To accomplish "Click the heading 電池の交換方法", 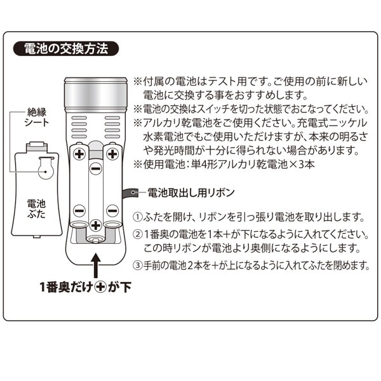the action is click(x=66, y=49).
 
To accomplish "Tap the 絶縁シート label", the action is click(x=37, y=117).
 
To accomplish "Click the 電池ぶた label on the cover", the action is click(x=36, y=209).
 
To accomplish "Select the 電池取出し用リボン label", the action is click(x=191, y=192).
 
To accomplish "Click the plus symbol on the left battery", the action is click(x=79, y=154).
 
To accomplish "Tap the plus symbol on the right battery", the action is click(x=112, y=154).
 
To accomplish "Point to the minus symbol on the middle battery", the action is click(x=96, y=169).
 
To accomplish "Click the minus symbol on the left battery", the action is click(x=79, y=211).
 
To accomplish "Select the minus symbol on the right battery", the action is click(x=112, y=211).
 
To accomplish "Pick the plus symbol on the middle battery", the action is click(x=95, y=225).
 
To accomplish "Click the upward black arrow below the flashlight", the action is click(x=97, y=265).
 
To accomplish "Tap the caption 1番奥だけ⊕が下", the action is click(x=86, y=287).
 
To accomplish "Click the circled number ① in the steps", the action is click(x=138, y=217).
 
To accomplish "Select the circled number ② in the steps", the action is click(x=138, y=234).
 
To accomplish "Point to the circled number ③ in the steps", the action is click(x=138, y=265).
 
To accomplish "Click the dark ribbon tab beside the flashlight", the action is click(x=131, y=194).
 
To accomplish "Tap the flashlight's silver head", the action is click(x=95, y=95).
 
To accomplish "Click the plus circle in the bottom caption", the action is click(x=100, y=288).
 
